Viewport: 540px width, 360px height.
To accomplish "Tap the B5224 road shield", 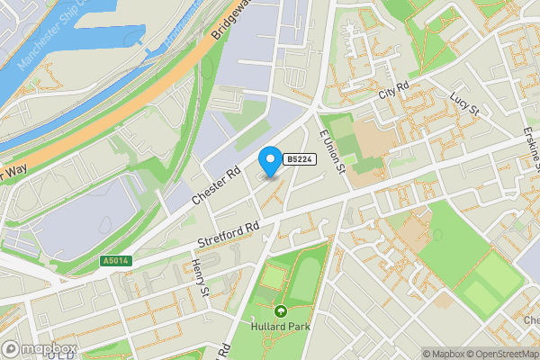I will pyautogui.click(x=299, y=159).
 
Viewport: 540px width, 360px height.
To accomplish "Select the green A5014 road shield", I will pyautogui.click(x=114, y=260).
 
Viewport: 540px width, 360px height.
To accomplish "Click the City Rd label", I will pyautogui.click(x=393, y=92).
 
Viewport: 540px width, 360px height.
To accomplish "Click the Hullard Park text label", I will pyautogui.click(x=281, y=326).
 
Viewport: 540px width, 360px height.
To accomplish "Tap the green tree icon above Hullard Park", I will pyautogui.click(x=281, y=310).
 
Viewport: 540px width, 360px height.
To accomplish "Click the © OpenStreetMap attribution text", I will pyautogui.click(x=503, y=354).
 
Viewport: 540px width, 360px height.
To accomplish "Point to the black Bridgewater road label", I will pyautogui.click(x=232, y=20).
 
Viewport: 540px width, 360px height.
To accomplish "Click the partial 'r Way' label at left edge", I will pyautogui.click(x=14, y=171).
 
